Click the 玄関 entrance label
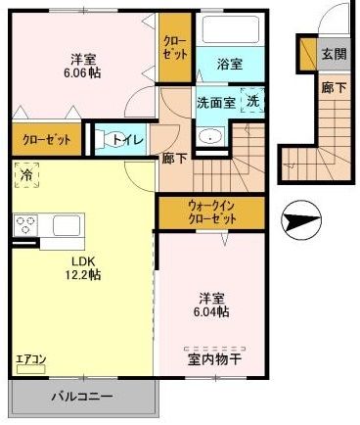[333, 55]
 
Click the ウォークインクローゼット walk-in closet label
[211, 212]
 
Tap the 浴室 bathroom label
[231, 64]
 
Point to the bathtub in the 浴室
[231, 30]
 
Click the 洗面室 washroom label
[217, 100]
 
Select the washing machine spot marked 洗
[252, 100]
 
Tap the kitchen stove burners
[24, 225]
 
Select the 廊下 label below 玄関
[333, 86]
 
